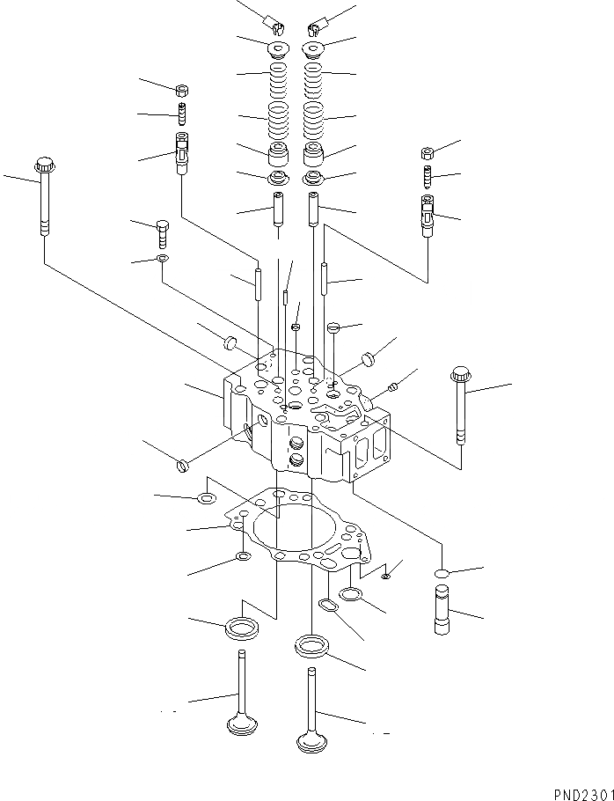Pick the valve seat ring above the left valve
click(x=242, y=628)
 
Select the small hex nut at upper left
click(x=181, y=89)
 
